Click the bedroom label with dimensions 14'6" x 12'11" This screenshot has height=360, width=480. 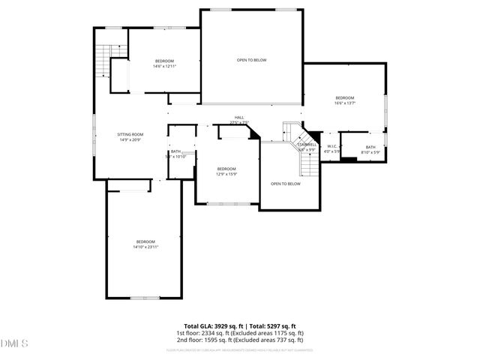[x=164, y=64]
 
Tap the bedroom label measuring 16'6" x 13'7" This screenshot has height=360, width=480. [x=345, y=100]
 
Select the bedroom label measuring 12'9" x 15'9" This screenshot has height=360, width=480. [x=226, y=172]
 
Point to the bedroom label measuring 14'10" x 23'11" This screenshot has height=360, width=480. [x=145, y=244]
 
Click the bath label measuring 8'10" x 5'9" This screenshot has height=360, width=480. [x=370, y=150]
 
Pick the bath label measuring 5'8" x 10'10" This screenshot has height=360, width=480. [x=176, y=154]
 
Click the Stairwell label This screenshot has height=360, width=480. [x=307, y=147]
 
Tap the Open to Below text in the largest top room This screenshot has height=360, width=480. [x=252, y=60]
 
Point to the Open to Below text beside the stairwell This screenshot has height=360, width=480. [x=286, y=184]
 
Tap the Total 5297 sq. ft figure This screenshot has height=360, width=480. [x=274, y=326]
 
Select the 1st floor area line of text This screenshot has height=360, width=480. [x=240, y=332]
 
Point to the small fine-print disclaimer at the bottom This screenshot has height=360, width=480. [x=240, y=349]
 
